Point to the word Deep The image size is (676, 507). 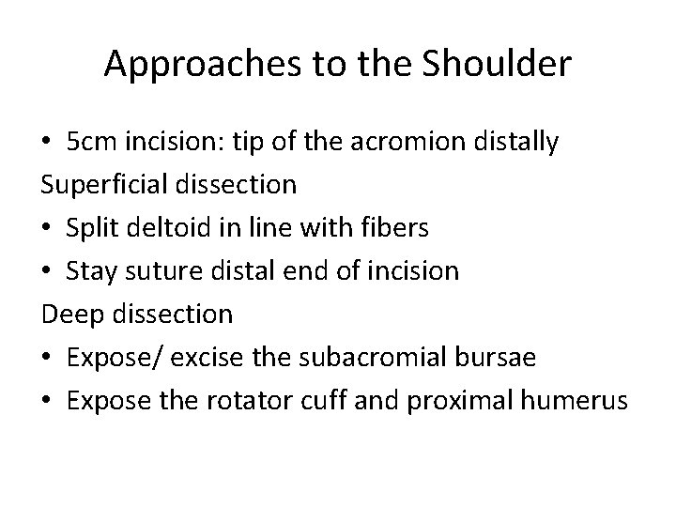71,315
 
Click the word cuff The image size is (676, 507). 320,401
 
